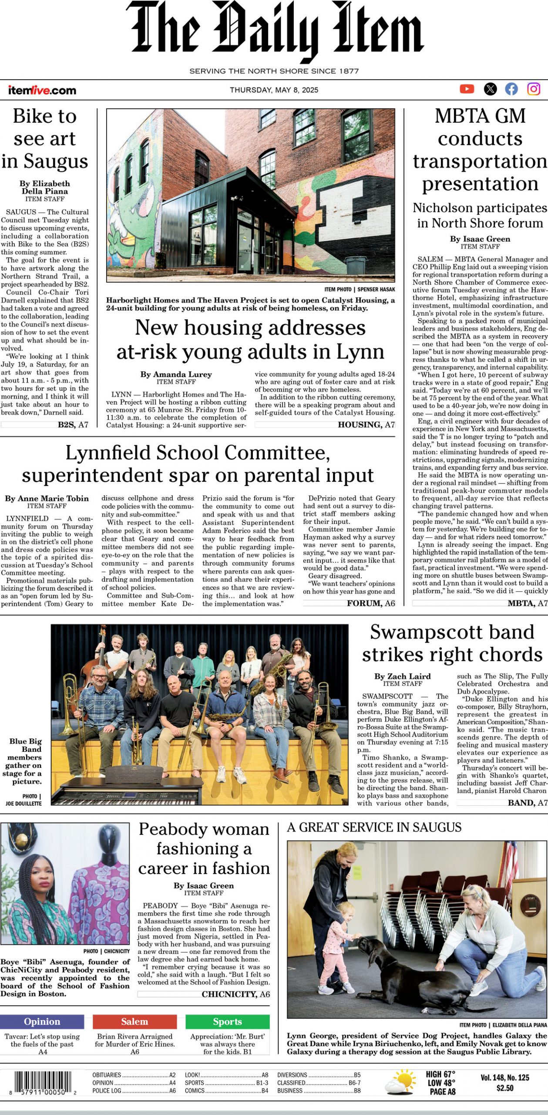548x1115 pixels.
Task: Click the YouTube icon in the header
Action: point(467,89)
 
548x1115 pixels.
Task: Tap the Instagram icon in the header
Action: point(534,89)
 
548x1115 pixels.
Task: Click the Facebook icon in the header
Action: point(511,89)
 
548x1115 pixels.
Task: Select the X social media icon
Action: point(490,89)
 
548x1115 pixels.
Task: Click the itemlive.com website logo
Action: point(42,90)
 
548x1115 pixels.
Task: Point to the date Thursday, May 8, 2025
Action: point(274,90)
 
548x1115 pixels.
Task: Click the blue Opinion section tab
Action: point(42,1021)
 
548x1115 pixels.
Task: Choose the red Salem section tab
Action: point(134,1021)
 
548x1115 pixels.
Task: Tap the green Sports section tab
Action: point(227,1021)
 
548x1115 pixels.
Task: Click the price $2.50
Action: point(505,1088)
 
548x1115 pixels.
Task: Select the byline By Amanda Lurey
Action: point(176,374)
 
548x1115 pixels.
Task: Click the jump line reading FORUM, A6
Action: point(371,603)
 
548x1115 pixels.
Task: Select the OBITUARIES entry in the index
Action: point(107,1075)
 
